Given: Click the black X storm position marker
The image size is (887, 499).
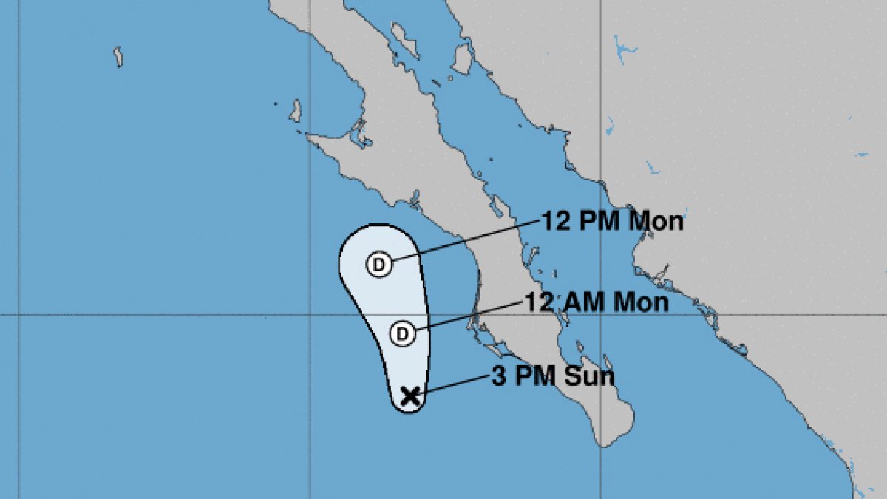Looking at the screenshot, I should click(409, 397).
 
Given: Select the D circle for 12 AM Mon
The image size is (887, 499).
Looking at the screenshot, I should click(402, 333).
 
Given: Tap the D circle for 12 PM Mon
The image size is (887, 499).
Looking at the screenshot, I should click(378, 264).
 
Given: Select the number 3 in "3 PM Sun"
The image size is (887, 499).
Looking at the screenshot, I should click(500, 377).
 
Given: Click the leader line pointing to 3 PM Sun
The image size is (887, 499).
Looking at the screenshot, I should click(455, 384).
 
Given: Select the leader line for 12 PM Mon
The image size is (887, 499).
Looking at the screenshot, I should click(466, 241).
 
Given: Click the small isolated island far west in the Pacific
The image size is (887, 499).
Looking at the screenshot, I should click(118, 57).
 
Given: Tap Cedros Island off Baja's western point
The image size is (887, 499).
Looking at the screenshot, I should click(296, 111).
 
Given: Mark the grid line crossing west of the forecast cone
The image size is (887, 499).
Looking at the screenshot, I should click(309, 315).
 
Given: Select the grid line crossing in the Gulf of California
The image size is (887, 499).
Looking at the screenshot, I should click(599, 315).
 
